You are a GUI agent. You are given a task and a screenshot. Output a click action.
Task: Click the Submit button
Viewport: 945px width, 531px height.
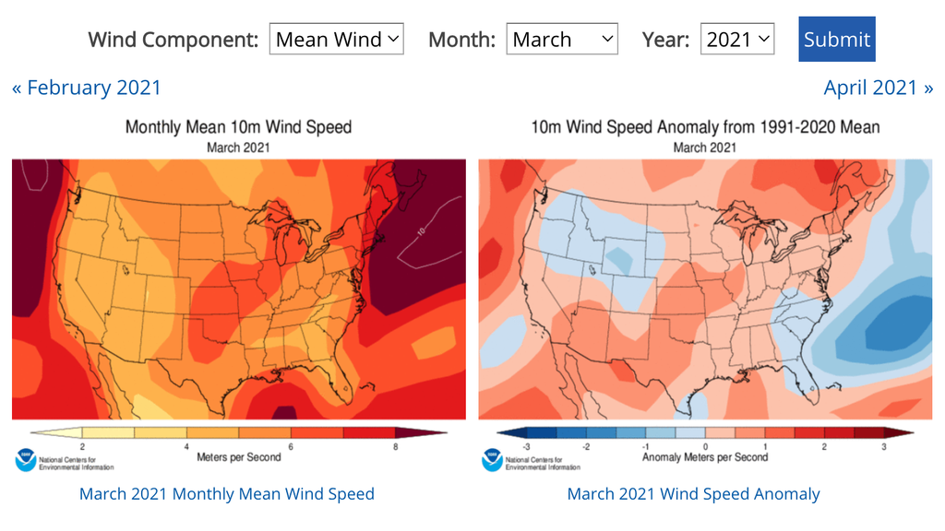tap(836, 40)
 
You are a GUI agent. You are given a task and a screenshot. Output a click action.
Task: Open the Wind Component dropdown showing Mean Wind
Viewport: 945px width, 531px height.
tap(336, 40)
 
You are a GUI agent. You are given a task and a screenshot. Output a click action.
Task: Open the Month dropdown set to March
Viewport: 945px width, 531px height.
tap(562, 40)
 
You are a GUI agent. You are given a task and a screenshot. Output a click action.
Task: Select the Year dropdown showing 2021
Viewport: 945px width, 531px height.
tap(736, 40)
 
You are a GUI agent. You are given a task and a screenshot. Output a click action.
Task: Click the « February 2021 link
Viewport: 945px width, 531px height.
tap(86, 88)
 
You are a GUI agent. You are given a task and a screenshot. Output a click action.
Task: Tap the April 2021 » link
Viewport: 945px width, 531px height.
tap(878, 88)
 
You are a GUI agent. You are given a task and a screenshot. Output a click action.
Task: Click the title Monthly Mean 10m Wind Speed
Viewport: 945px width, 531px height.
tap(238, 127)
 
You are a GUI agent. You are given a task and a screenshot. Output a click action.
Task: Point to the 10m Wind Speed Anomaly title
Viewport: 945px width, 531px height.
tap(705, 127)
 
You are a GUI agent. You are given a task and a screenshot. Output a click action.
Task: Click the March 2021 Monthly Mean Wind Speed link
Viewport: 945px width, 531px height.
tap(227, 494)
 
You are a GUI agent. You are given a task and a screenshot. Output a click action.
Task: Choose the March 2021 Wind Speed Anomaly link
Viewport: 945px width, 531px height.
tap(693, 494)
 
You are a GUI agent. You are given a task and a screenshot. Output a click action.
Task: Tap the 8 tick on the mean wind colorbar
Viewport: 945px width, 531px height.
tap(396, 446)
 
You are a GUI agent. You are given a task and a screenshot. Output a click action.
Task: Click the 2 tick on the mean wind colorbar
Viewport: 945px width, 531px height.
tap(83, 446)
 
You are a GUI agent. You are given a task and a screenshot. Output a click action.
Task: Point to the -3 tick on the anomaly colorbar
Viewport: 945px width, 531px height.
tap(525, 446)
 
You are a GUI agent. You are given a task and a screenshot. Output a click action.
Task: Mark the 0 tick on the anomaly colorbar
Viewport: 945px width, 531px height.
tap(705, 446)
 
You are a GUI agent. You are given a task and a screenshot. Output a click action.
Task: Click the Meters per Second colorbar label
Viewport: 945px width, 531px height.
tap(238, 456)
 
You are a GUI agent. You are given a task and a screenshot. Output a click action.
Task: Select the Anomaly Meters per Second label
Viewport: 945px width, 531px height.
tap(705, 456)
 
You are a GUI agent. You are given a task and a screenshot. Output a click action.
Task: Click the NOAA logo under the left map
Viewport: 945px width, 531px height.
tap(25, 458)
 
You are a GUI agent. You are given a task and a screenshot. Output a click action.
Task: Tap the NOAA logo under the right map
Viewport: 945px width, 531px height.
tap(491, 458)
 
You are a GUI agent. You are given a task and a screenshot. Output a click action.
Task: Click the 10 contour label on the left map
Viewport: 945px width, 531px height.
tap(420, 233)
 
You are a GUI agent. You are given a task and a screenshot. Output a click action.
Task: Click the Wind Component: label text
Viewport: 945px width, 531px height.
tap(173, 40)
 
